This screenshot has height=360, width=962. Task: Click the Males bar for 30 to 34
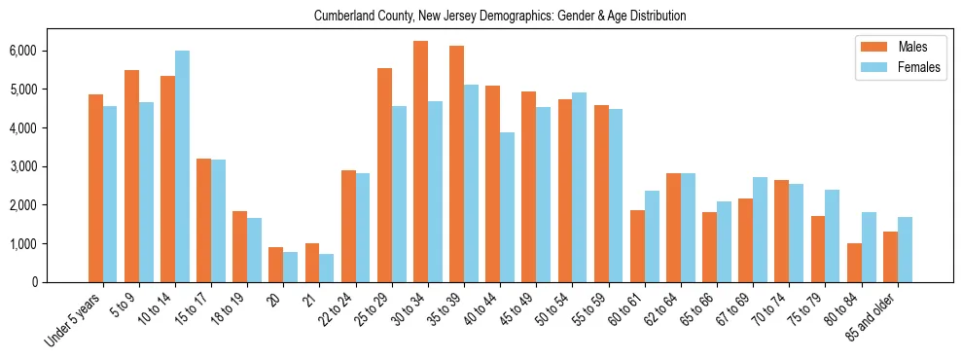420,162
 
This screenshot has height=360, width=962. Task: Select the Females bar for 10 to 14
182,166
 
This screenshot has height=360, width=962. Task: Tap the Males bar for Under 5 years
95,188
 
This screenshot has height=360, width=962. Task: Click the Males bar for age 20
276,265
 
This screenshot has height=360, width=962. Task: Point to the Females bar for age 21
327,269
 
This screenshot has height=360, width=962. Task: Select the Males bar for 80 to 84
854,263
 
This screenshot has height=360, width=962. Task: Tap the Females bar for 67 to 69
761,230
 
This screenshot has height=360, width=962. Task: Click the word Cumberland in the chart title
344,16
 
